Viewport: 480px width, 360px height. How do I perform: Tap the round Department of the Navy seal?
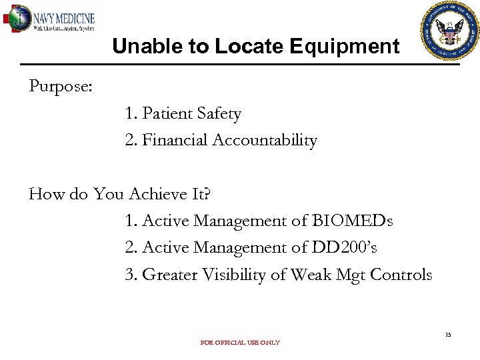[x=450, y=31]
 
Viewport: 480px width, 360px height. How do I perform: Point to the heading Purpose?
[x=61, y=87]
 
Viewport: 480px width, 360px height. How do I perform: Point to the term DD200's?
[x=344, y=247]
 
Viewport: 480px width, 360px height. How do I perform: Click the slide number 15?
[x=448, y=335]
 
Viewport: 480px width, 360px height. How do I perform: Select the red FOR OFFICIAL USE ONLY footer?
[x=240, y=343]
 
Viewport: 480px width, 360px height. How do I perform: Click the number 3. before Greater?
[x=131, y=275]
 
